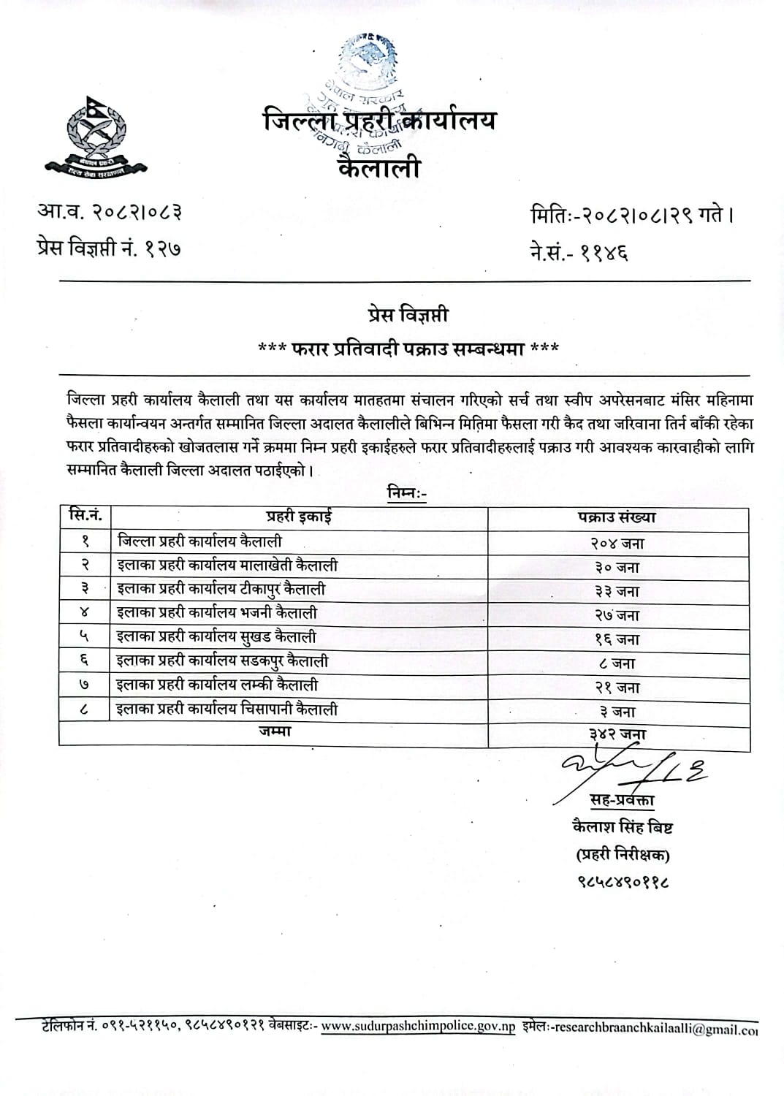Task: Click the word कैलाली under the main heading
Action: (380, 168)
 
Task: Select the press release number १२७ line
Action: (110, 248)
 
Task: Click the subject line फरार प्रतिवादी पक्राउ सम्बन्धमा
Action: (408, 349)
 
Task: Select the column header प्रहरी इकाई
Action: (299, 517)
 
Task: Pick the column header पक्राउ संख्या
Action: (617, 517)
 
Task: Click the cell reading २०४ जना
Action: (617, 543)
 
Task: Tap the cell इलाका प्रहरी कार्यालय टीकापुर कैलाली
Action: (221, 589)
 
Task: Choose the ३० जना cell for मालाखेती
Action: (617, 567)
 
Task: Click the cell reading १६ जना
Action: (617, 639)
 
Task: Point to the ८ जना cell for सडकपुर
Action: (617, 663)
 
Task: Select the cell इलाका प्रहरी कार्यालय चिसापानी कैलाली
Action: (227, 709)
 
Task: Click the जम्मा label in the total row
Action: (275, 731)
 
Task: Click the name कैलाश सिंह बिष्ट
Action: (623, 827)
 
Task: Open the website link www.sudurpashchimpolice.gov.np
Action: (418, 1027)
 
